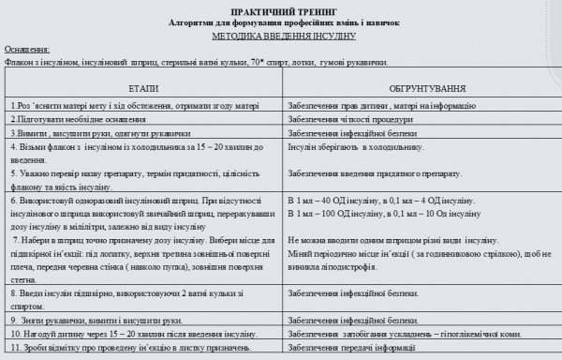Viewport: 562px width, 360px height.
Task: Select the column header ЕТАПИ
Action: [x=143, y=85]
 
